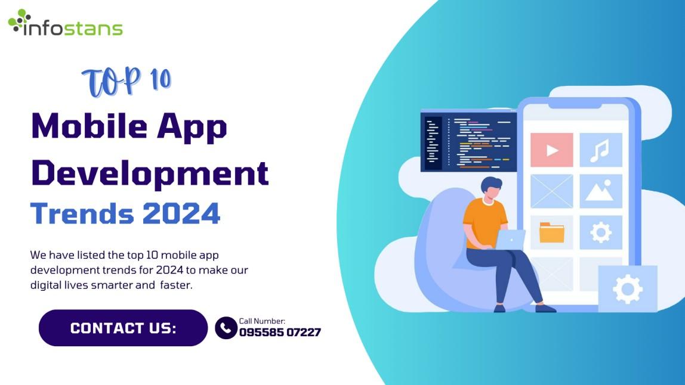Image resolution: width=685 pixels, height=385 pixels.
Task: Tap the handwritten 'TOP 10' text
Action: click(x=126, y=81)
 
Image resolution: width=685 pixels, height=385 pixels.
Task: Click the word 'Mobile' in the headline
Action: click(x=89, y=126)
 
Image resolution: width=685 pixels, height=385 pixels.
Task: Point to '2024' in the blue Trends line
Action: click(x=181, y=213)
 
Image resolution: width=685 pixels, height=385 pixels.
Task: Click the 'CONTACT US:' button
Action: click(x=123, y=328)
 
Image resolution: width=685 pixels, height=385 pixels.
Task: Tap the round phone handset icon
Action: click(x=226, y=328)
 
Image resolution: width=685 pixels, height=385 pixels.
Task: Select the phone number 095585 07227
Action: click(x=280, y=333)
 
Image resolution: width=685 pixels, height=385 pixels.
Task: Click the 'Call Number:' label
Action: click(x=262, y=321)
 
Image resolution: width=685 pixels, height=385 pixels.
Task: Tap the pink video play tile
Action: click(x=552, y=150)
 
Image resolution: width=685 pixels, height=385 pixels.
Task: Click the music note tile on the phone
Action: click(x=601, y=150)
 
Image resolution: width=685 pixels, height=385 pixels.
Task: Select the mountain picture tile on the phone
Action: click(x=601, y=191)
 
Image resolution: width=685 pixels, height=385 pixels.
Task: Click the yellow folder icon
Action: click(x=552, y=232)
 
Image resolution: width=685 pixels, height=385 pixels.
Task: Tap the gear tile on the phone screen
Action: click(x=601, y=232)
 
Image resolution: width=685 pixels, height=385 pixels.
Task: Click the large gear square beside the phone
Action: click(x=627, y=288)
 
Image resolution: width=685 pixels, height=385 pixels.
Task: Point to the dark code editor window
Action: click(x=468, y=141)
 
